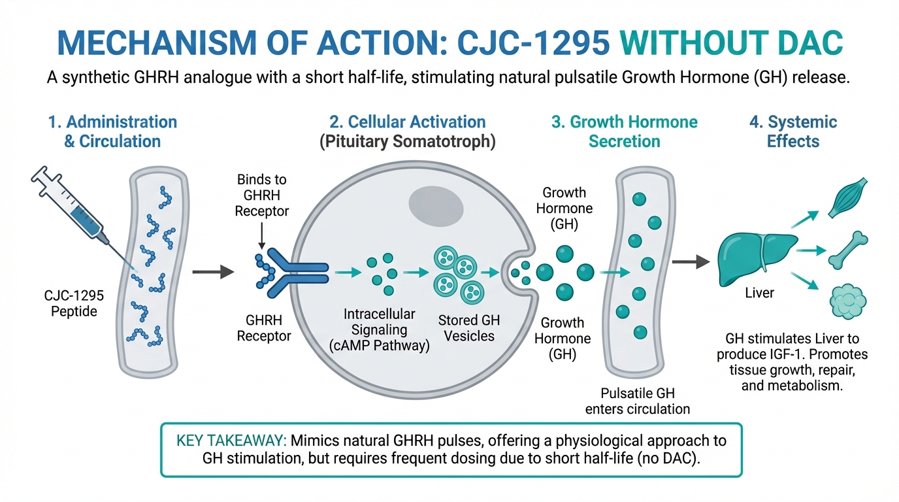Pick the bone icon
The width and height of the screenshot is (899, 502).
click(847, 250)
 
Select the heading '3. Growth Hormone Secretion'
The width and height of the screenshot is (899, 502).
click(624, 131)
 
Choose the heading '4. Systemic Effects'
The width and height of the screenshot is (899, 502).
click(793, 131)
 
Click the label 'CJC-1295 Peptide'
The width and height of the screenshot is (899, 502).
click(74, 304)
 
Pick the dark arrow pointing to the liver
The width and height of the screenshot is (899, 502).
click(691, 262)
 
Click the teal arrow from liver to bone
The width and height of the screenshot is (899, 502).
click(811, 250)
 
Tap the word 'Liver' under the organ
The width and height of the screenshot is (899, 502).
click(759, 293)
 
